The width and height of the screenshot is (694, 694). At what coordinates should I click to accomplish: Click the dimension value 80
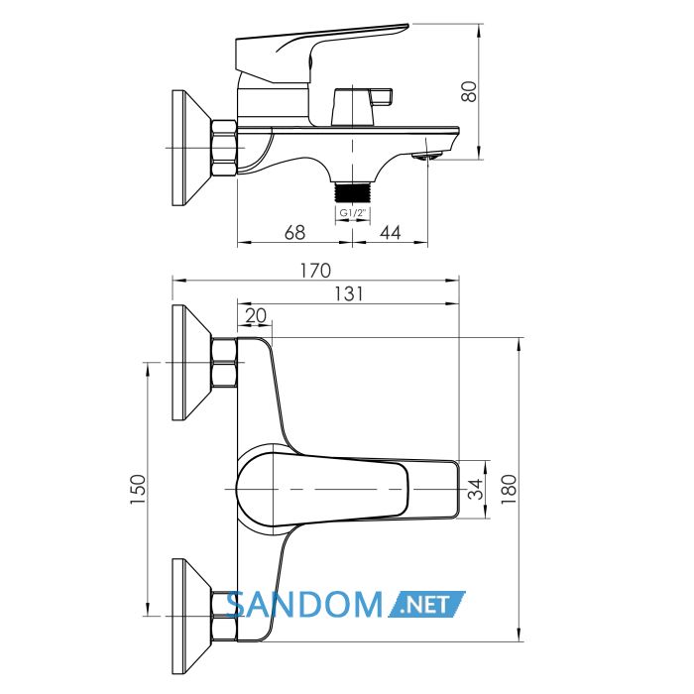(469, 91)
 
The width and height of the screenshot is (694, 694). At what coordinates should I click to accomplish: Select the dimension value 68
(294, 232)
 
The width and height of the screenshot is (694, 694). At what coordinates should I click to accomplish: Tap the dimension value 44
(391, 232)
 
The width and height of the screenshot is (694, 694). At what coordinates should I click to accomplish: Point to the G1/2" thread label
(352, 213)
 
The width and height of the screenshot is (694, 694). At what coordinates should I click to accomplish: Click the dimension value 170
(315, 271)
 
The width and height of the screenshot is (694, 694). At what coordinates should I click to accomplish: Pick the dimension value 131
(348, 293)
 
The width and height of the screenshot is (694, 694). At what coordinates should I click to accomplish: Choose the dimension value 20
(256, 315)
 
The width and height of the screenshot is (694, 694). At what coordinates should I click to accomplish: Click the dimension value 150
(138, 490)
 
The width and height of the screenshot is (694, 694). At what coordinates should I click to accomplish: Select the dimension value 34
(476, 489)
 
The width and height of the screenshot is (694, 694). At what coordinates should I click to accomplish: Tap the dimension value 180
(509, 489)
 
